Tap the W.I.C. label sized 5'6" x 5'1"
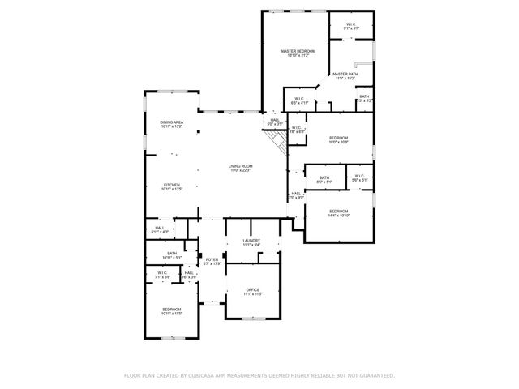pos(359,177)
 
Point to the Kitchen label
pos(172,186)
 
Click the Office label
pos(252,291)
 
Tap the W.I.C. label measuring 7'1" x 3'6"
pos(163,275)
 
